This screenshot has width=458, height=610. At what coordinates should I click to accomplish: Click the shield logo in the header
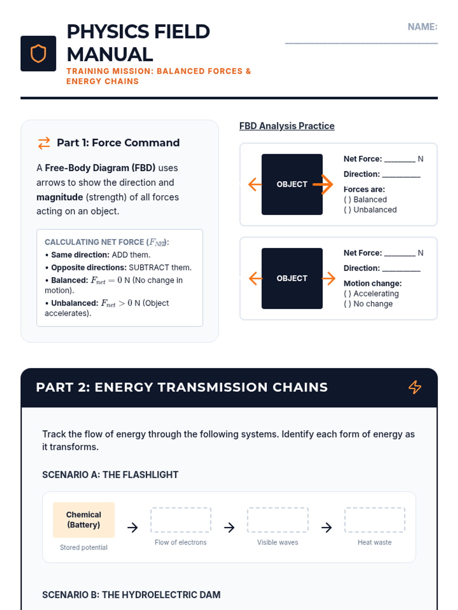click(x=38, y=53)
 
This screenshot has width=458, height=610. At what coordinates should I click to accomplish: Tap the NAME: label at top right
click(x=422, y=27)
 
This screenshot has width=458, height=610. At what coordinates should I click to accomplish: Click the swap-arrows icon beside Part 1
click(x=44, y=143)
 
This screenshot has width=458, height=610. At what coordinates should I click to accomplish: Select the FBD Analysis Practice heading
click(x=287, y=126)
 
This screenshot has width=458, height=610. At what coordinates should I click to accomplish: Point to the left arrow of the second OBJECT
click(x=255, y=278)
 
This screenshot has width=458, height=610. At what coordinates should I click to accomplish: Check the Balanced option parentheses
click(x=347, y=200)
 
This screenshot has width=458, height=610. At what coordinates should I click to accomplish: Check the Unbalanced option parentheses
click(x=347, y=210)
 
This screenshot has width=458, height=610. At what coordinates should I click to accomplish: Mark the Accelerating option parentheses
click(x=347, y=294)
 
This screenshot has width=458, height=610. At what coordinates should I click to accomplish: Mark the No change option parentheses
click(x=347, y=304)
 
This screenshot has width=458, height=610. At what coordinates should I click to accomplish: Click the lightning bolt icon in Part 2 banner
click(x=415, y=387)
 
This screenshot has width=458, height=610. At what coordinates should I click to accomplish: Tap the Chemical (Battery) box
click(x=84, y=520)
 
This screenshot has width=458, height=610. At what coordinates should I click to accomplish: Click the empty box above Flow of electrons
click(x=181, y=520)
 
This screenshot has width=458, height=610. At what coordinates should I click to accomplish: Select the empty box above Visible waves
click(x=277, y=520)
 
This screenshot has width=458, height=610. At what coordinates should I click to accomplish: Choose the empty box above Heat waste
click(x=374, y=520)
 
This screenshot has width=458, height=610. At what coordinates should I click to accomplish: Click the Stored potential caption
click(x=84, y=547)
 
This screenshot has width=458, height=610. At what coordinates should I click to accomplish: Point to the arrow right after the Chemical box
click(x=132, y=528)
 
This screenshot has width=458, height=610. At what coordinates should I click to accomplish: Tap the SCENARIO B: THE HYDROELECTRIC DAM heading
click(x=131, y=595)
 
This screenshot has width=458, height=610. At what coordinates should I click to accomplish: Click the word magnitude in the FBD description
click(x=60, y=197)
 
